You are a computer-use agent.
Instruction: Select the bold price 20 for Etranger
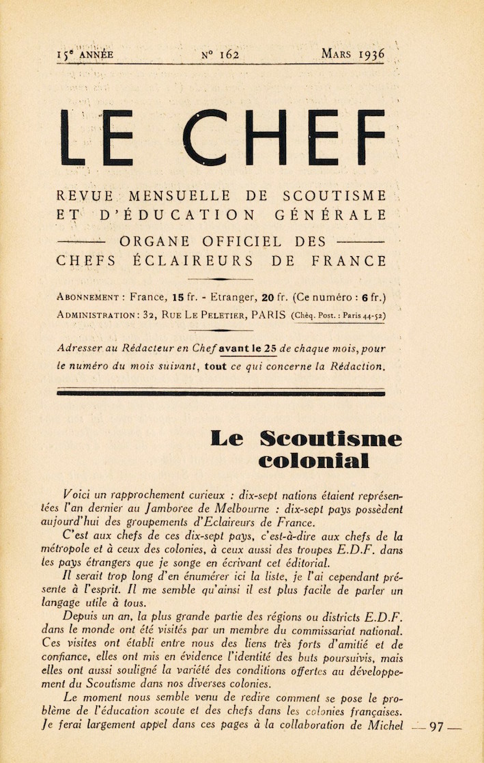click(x=268, y=297)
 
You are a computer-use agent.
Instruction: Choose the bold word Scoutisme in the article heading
click(x=331, y=439)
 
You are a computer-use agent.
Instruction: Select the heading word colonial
click(x=314, y=461)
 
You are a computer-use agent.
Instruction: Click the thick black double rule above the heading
click(x=221, y=393)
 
